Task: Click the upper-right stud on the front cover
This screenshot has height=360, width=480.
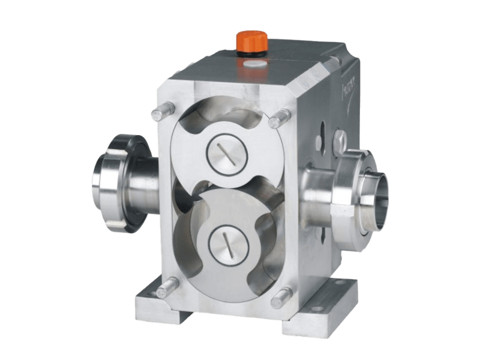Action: point(277,120)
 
